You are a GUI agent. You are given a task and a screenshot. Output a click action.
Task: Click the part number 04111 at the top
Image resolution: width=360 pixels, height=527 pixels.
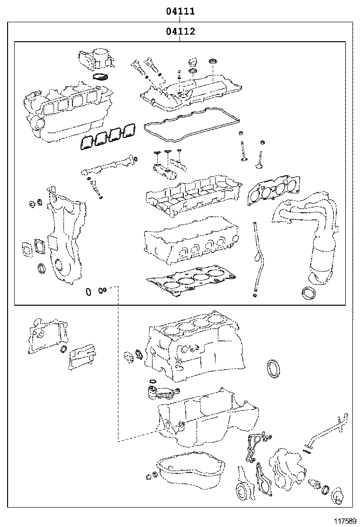(180, 11)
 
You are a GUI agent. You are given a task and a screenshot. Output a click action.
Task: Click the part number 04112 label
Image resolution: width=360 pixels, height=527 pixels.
(180, 32)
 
